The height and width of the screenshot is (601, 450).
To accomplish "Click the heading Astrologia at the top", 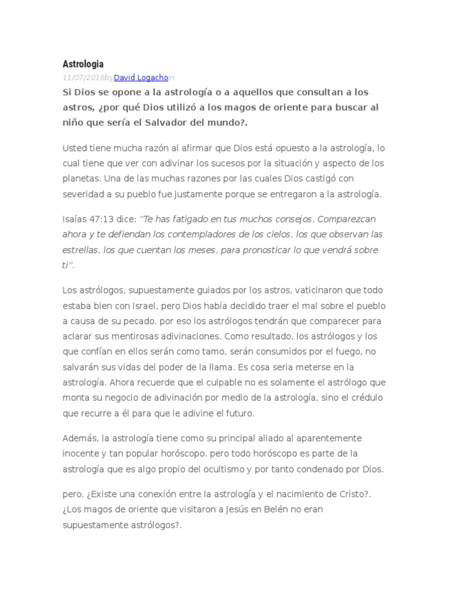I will pos(83,63).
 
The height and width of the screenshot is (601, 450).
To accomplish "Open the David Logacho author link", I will pos(141,77).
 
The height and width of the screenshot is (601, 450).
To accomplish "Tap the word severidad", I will pos(83,193).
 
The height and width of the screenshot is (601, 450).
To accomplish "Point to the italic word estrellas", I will pos(80,249).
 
